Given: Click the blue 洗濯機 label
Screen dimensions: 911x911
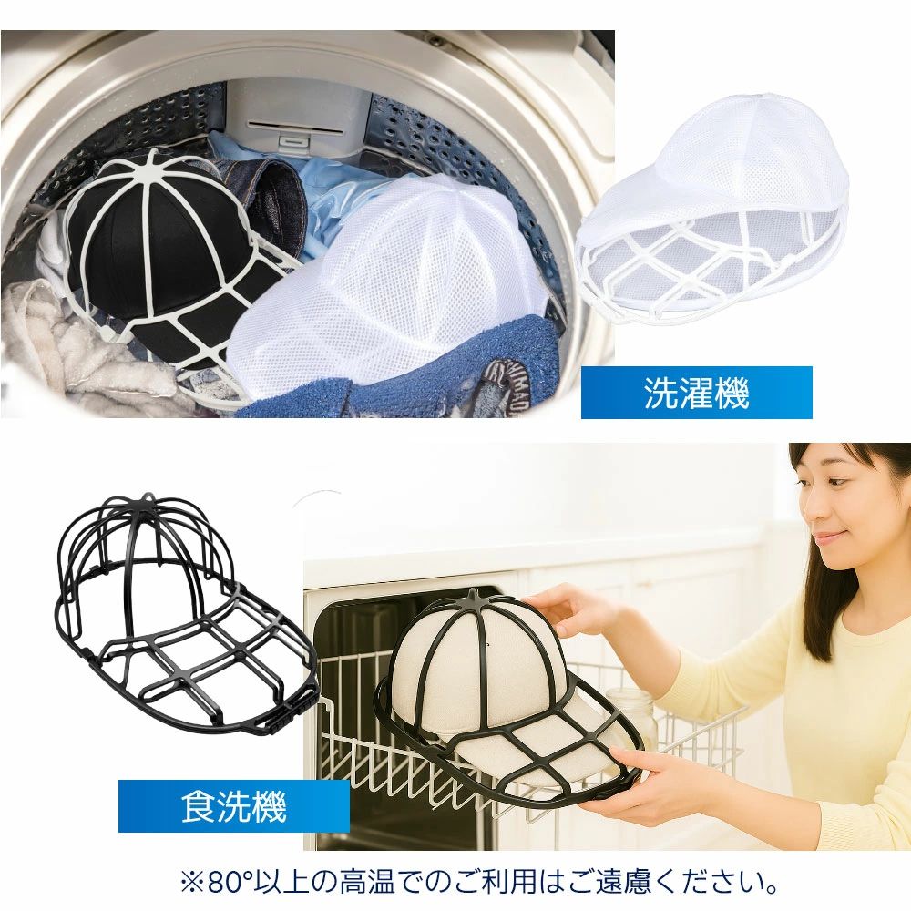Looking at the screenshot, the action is point(696,393).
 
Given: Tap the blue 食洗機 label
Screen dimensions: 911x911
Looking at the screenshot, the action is point(233,806).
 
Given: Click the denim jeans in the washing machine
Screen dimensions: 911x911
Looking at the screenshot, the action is point(267,198).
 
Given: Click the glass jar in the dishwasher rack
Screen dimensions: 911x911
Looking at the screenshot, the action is point(630,714).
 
